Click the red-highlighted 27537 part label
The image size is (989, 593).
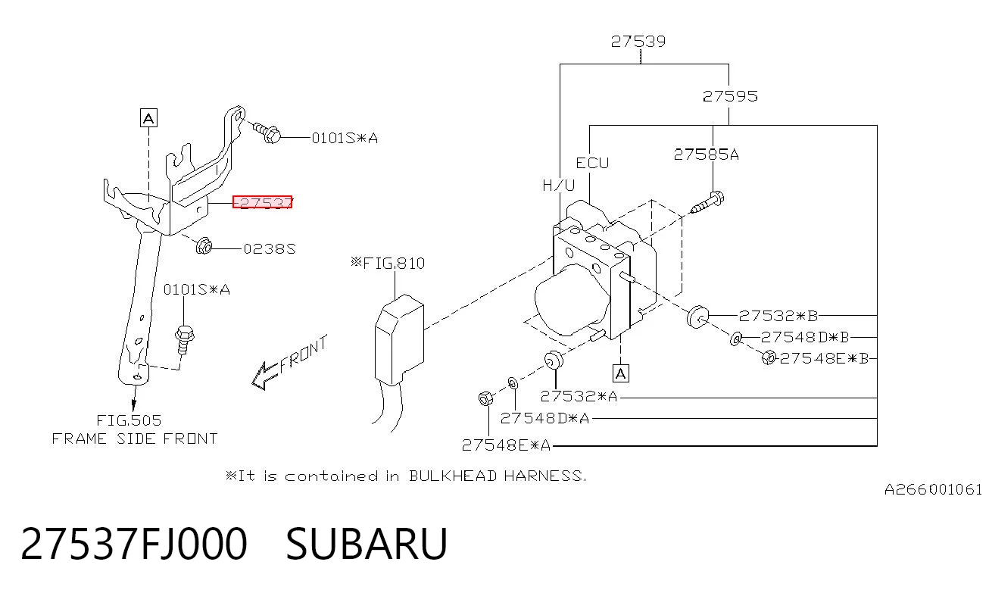262,201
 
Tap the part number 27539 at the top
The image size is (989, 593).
638,42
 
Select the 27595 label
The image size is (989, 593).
730,96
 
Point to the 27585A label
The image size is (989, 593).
706,154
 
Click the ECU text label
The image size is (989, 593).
592,164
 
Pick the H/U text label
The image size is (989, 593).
559,185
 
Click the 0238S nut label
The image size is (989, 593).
270,249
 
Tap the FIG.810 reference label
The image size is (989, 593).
388,263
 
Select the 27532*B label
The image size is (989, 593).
778,316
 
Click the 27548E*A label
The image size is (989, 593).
506,445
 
